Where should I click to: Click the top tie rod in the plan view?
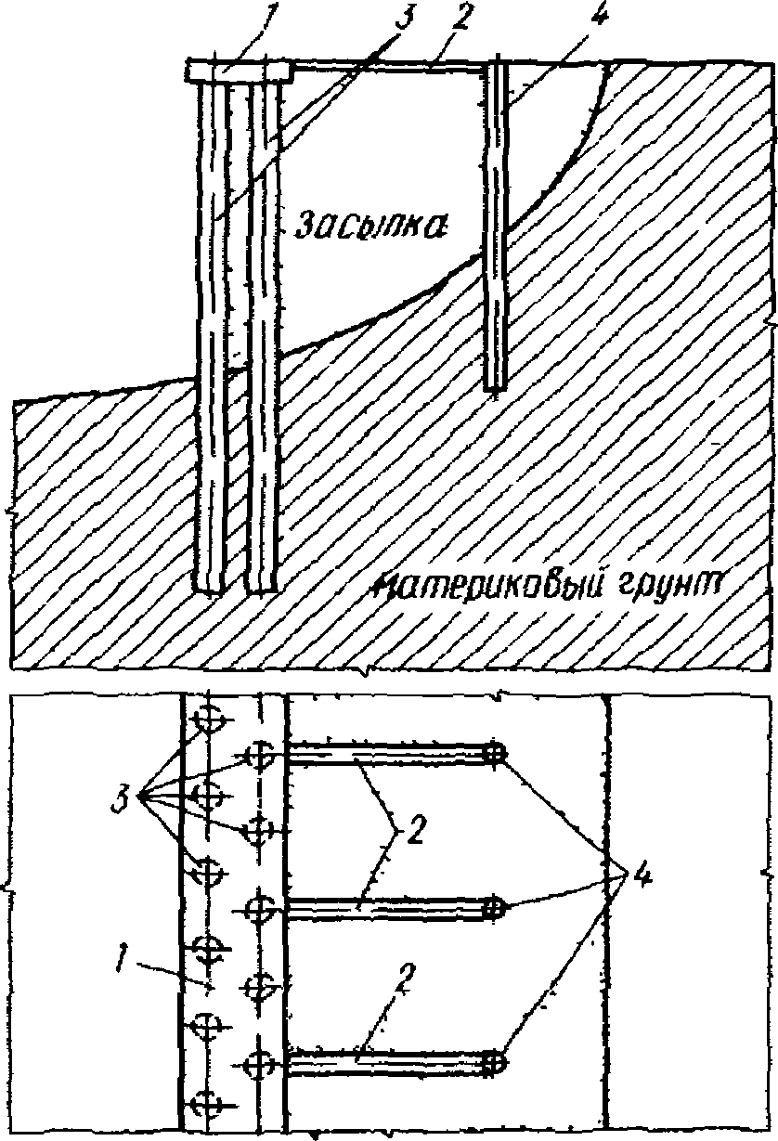coord(390,757)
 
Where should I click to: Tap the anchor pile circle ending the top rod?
coord(495,755)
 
